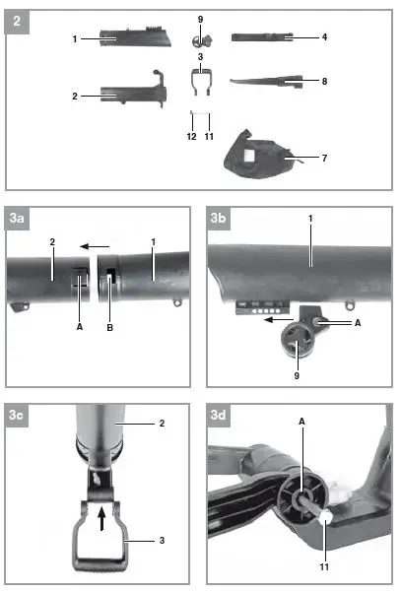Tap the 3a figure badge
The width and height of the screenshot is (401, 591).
point(17,218)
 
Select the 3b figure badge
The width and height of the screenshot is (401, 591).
point(219,218)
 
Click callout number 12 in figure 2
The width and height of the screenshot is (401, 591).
point(190,138)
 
